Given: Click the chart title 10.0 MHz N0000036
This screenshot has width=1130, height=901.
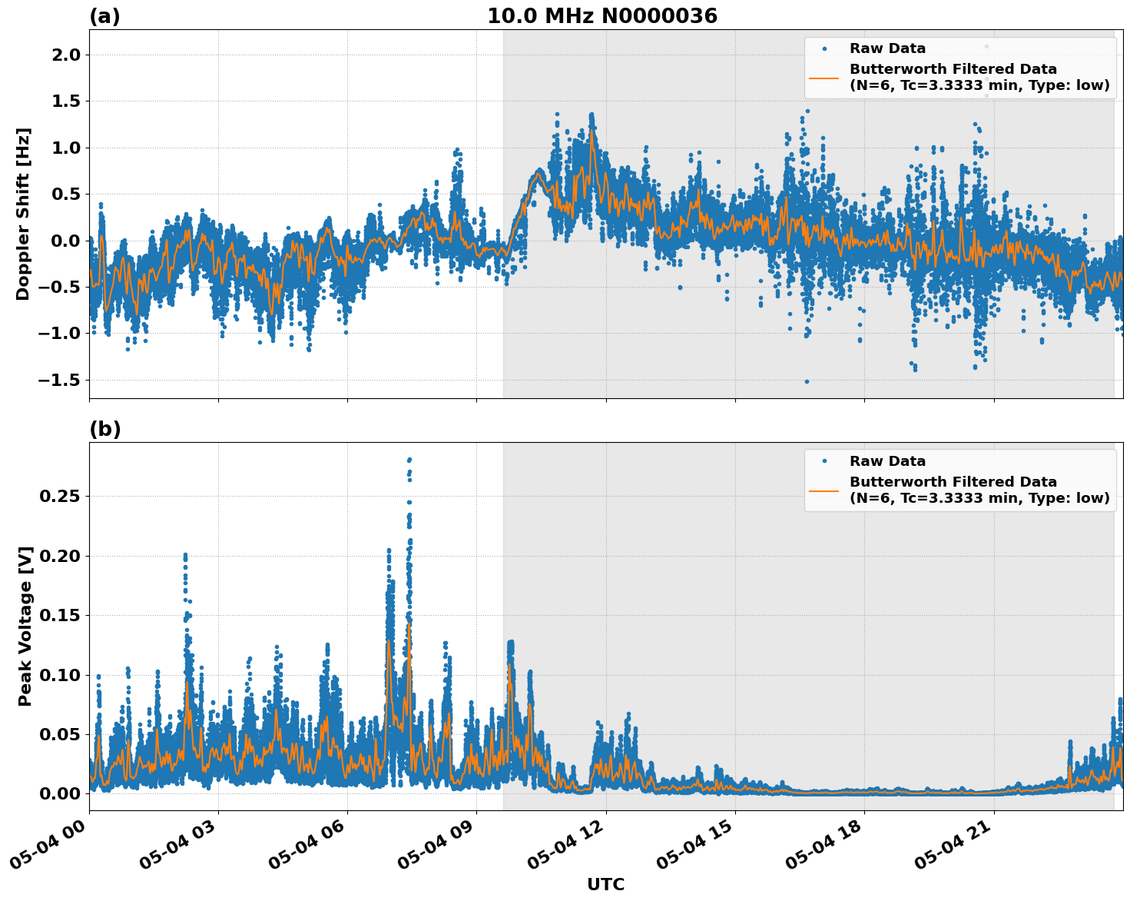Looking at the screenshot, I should click(601, 16).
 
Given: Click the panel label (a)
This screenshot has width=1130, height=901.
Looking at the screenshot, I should click(104, 16).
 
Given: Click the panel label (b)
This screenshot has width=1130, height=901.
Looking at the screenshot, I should click(104, 429).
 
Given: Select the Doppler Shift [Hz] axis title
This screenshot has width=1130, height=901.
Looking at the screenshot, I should click(23, 214).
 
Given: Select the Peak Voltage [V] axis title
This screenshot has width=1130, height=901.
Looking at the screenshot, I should click(25, 626).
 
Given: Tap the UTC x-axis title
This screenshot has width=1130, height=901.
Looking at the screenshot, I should click(605, 884).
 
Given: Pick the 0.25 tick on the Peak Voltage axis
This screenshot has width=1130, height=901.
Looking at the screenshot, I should click(60, 497).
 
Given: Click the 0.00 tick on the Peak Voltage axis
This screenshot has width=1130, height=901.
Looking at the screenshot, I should click(60, 793).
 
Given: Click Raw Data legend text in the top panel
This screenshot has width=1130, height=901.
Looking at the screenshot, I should click(887, 48).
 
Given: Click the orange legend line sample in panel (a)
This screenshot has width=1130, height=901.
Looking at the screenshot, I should click(823, 78).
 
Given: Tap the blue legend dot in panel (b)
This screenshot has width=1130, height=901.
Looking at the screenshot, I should click(823, 461).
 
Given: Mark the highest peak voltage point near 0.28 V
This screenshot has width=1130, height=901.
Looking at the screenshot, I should click(409, 460).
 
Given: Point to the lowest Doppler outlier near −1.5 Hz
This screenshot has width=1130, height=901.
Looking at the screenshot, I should click(807, 381).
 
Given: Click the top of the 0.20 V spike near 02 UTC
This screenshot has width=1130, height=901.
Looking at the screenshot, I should click(185, 554).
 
